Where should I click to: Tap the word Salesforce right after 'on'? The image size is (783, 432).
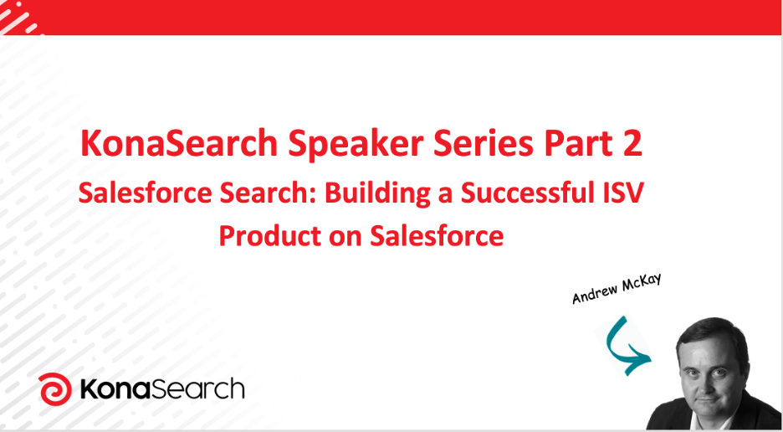tap(436, 236)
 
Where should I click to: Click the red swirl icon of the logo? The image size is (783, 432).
tap(55, 389)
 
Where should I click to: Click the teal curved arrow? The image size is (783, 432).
tap(623, 346)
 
